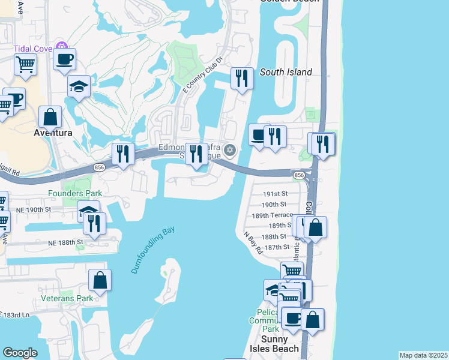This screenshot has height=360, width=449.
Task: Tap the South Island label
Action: tap(286, 72)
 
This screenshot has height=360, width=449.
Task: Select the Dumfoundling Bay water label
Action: tap(152, 250)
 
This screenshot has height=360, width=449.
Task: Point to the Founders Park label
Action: tap(76, 193)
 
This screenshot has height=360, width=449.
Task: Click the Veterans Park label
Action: tap(67, 298)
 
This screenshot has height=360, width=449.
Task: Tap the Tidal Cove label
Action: tap(34, 47)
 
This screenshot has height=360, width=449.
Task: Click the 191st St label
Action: tap(277, 194)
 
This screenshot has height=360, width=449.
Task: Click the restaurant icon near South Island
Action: tap(241, 78)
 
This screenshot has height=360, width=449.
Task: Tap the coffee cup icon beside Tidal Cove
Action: tap(64, 59)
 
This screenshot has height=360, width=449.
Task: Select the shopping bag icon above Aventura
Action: tap(50, 116)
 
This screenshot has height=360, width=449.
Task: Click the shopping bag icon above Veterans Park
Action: tap(100, 280)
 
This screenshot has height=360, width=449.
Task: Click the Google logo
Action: tap(20, 353)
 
